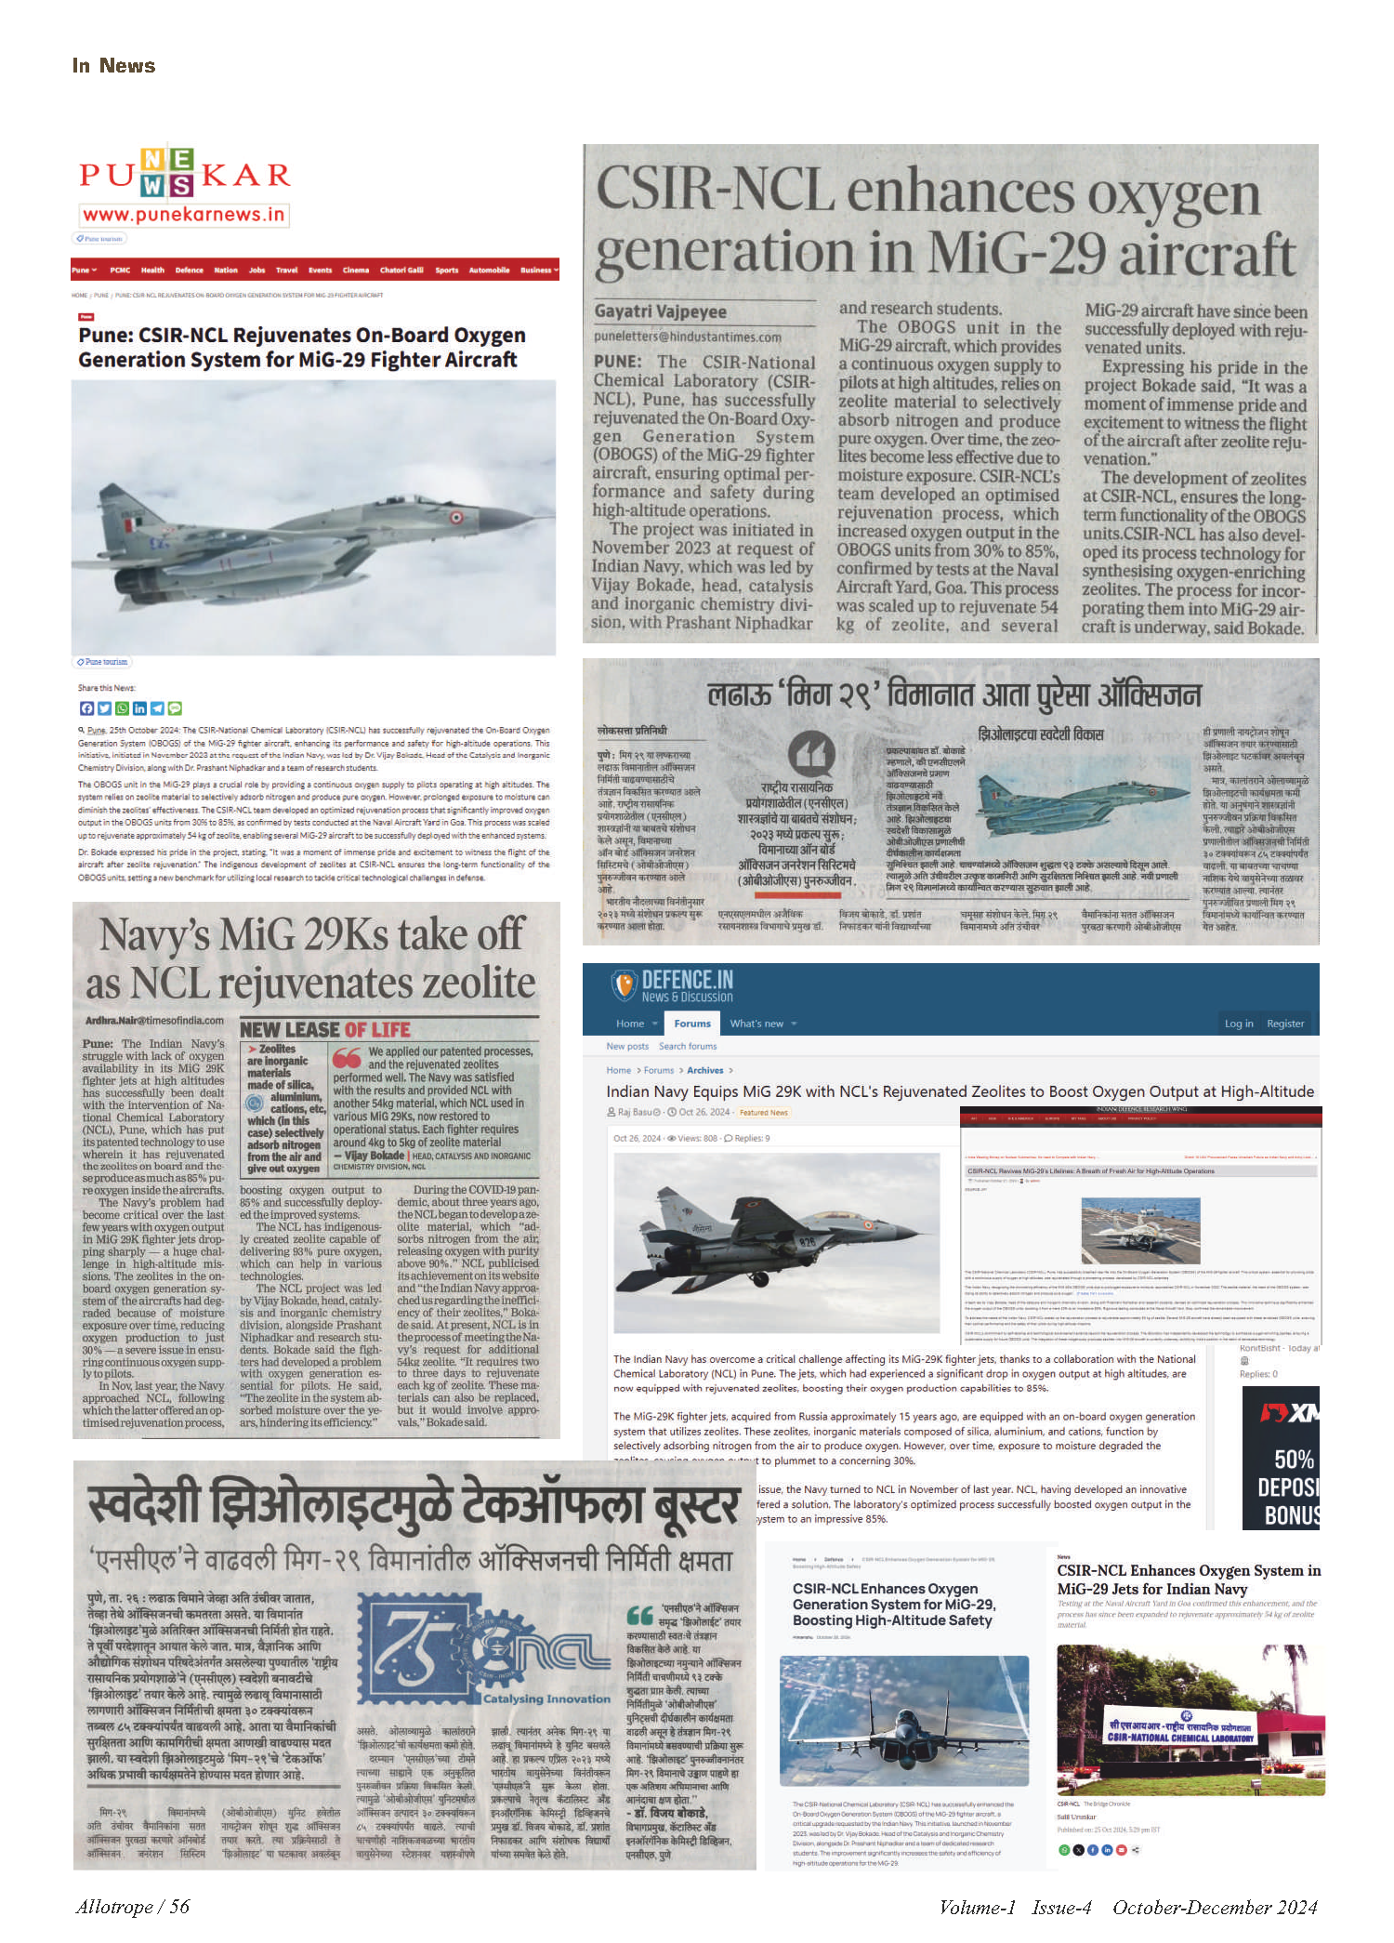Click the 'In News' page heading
point(113,66)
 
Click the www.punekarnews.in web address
point(183,215)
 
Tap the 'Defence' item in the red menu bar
point(189,271)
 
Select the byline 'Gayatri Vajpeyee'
point(661,311)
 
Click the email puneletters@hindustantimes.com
point(688,337)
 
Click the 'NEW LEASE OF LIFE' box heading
point(324,1029)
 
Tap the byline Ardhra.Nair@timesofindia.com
point(154,1020)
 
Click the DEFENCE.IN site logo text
point(687,980)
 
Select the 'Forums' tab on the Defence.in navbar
point(692,1024)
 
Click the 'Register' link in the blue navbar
point(1285,1024)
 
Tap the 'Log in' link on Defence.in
point(1238,1024)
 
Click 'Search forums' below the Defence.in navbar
point(688,1046)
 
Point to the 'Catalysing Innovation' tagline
point(546,1698)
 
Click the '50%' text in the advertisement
point(1294,1459)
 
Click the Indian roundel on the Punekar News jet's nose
point(455,519)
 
